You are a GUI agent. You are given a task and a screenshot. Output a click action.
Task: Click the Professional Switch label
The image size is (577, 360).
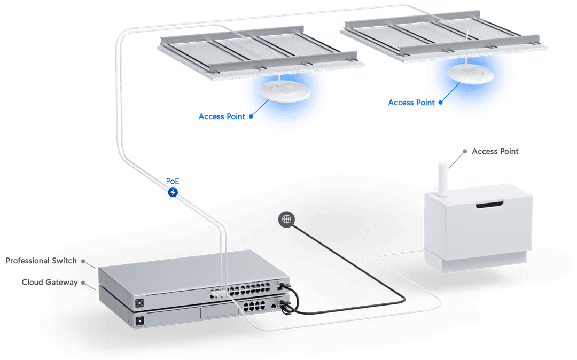(x=41, y=261)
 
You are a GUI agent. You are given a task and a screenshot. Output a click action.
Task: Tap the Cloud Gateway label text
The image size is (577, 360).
(x=49, y=282)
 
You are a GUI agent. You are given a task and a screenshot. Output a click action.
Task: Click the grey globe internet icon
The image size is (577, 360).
(x=286, y=218)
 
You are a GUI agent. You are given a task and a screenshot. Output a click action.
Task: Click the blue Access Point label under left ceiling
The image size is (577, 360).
(x=222, y=116)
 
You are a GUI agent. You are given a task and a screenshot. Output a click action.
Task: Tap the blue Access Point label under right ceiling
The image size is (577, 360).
(x=411, y=102)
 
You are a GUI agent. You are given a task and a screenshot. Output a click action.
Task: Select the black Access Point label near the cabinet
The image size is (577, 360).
(x=495, y=152)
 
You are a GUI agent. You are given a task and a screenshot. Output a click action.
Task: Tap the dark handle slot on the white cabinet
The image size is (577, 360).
(x=489, y=205)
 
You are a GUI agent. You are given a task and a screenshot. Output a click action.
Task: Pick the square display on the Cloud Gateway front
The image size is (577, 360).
(x=141, y=321)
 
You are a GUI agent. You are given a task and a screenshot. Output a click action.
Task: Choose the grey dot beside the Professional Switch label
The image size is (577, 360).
(x=83, y=262)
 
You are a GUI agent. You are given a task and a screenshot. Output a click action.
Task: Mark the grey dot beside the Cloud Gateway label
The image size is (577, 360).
(x=83, y=282)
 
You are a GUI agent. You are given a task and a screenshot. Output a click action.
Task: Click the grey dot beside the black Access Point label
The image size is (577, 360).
(x=465, y=152)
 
